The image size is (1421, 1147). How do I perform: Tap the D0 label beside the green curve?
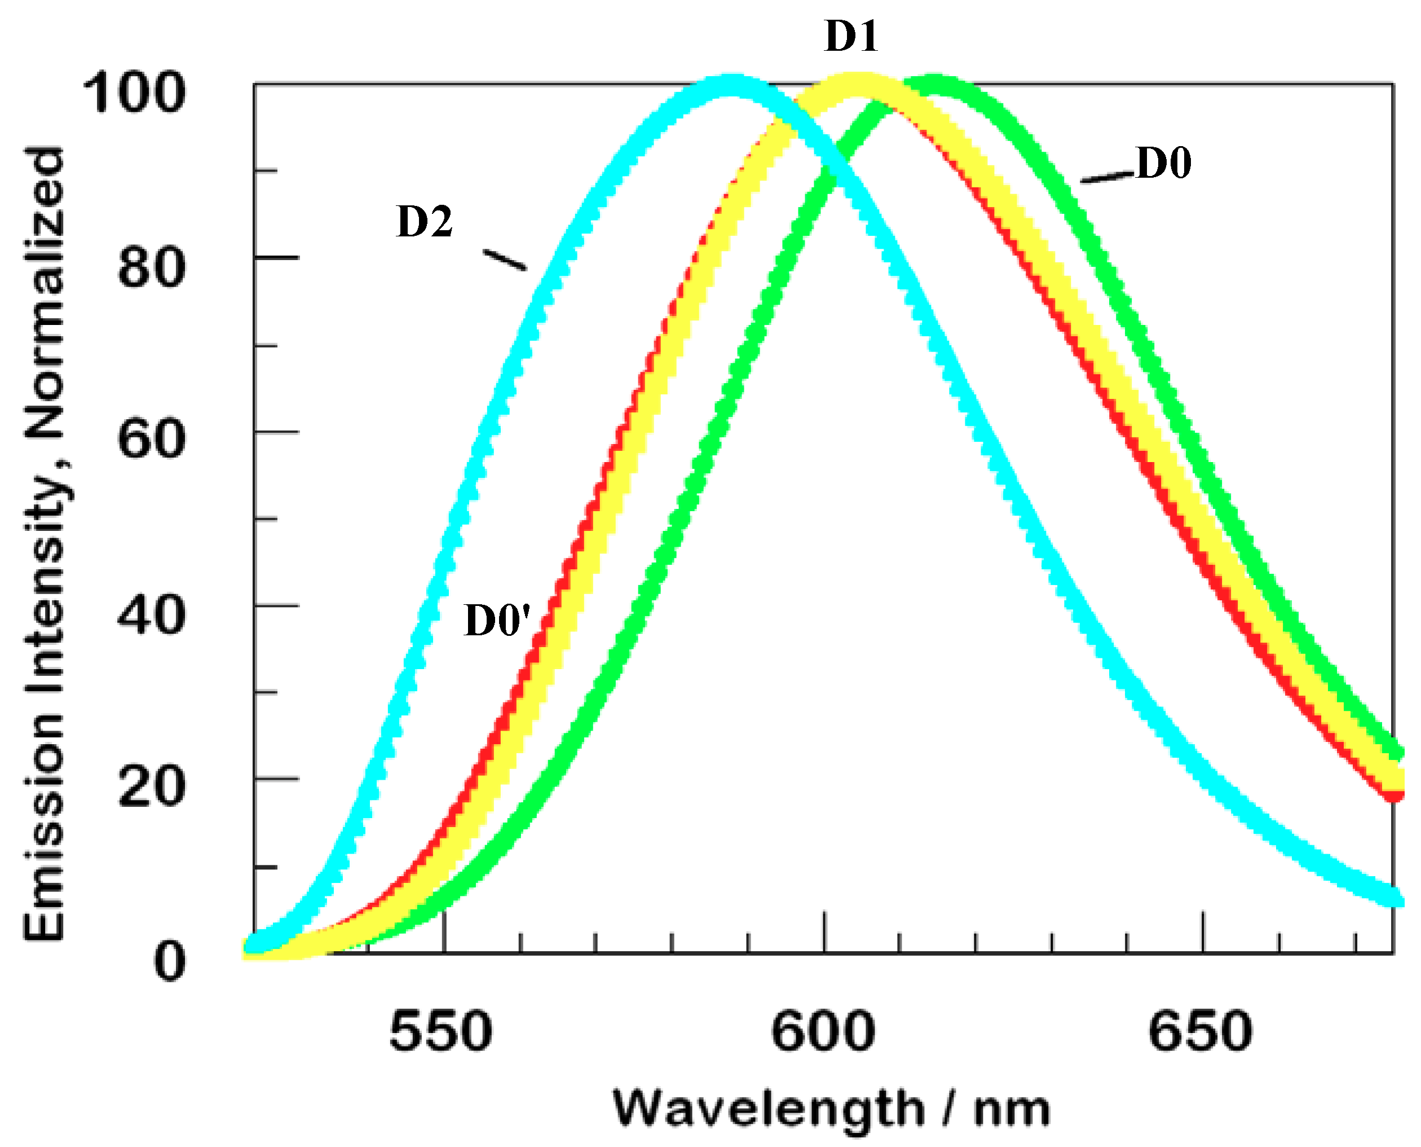[1163, 163]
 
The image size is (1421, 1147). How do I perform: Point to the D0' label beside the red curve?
[497, 621]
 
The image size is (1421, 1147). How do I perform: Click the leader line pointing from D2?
[505, 260]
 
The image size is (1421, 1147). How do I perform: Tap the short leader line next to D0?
[1107, 177]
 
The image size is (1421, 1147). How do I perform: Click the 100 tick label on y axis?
[135, 94]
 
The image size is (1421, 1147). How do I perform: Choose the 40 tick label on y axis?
[152, 614]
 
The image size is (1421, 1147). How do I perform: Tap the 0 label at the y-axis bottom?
[170, 961]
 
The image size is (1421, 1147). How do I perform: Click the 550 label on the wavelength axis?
[441, 1031]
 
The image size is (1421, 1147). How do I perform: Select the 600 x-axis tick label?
[823, 1031]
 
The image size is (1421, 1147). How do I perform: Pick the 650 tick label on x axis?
[1200, 1031]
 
